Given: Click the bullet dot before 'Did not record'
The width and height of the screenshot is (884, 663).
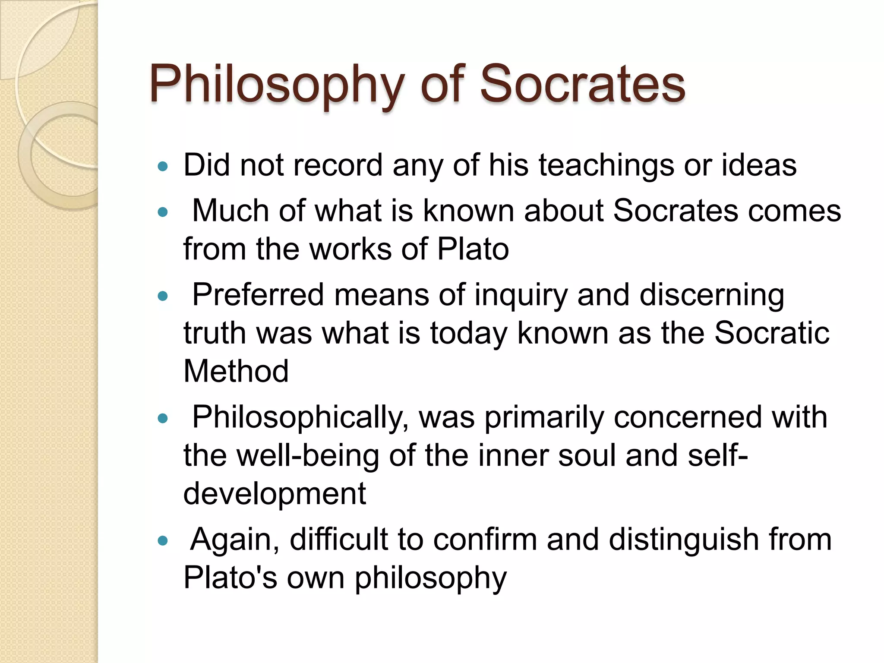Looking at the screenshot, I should (163, 166).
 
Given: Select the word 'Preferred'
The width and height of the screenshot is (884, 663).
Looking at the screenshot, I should (258, 295).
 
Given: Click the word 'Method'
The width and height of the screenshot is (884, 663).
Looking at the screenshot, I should (236, 371).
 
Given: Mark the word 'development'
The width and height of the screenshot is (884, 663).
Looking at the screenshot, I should (275, 494).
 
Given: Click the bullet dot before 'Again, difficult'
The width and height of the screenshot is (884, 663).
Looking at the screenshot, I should (163, 540).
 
